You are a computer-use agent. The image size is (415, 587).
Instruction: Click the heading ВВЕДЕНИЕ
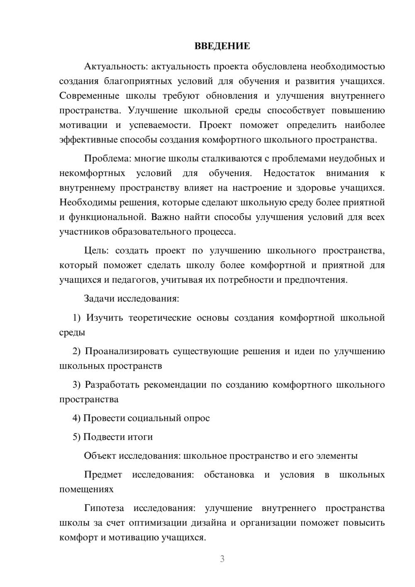click(x=222, y=46)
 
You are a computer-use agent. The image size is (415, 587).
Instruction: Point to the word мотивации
click(x=83, y=125)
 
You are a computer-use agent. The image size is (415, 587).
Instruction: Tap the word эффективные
click(x=88, y=139)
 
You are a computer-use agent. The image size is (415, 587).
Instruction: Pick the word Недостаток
click(x=289, y=173)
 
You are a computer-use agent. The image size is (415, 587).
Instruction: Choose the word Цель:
click(x=96, y=251)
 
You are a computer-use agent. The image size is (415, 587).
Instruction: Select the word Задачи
click(x=99, y=298)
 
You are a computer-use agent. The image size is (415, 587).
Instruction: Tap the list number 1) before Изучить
click(x=77, y=318)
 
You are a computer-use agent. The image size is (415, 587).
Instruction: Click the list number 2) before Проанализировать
click(x=77, y=352)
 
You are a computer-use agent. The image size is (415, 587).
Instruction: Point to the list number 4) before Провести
click(x=77, y=418)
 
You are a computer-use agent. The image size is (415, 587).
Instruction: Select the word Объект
click(x=100, y=456)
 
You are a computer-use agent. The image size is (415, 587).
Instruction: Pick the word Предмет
click(x=103, y=475)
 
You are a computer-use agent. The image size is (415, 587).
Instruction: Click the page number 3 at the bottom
click(x=222, y=559)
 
